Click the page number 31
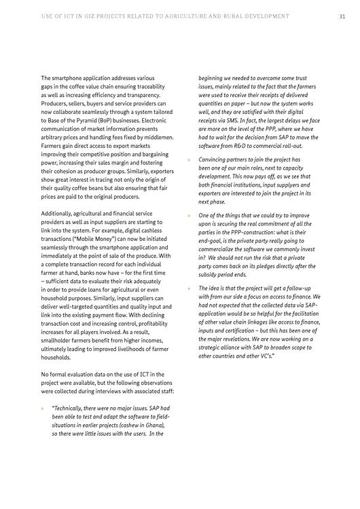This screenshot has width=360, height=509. (342, 16)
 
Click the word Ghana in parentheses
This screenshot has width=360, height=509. (154, 424)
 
